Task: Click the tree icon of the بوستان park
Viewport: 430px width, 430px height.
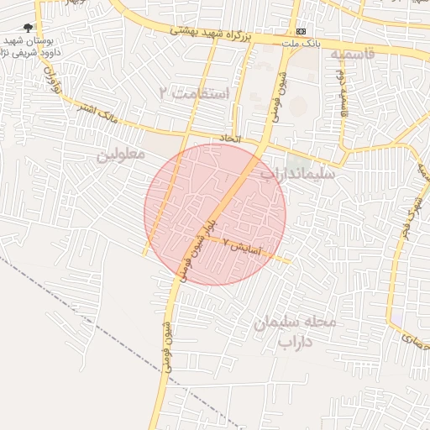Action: tap(29, 28)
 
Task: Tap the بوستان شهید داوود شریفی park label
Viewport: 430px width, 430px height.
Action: tap(30, 45)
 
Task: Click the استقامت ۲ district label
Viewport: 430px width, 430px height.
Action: tap(194, 92)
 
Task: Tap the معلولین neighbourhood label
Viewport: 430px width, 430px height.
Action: tap(120, 155)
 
